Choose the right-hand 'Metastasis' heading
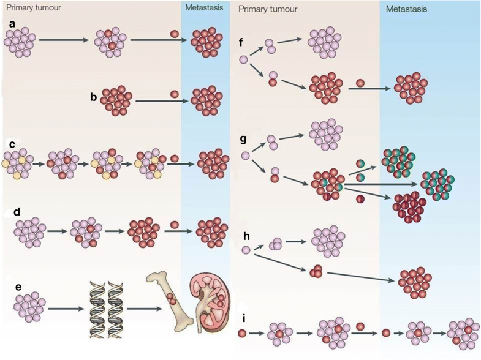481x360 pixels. (x=406, y=9)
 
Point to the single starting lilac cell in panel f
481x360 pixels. (x=244, y=60)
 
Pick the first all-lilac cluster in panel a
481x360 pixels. (x=20, y=42)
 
